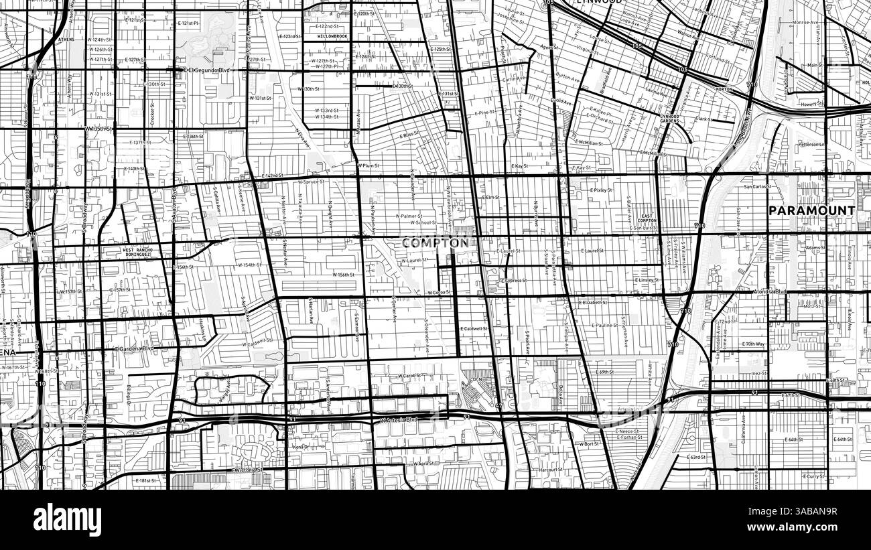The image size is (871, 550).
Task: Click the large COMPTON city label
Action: pyautogui.click(x=435, y=243)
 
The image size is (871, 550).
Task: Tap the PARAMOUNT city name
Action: pyautogui.click(x=811, y=210)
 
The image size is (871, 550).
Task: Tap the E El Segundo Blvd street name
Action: pyautogui.click(x=208, y=69)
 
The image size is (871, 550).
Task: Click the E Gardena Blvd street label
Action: pyautogui.click(x=134, y=348)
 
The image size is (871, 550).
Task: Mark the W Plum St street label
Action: pyautogui.click(x=368, y=165)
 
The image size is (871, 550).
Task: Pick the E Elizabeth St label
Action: pyautogui.click(x=593, y=302)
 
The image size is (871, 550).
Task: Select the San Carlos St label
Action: pyautogui.click(x=758, y=187)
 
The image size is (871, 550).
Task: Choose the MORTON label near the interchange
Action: pyautogui.click(x=723, y=89)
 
